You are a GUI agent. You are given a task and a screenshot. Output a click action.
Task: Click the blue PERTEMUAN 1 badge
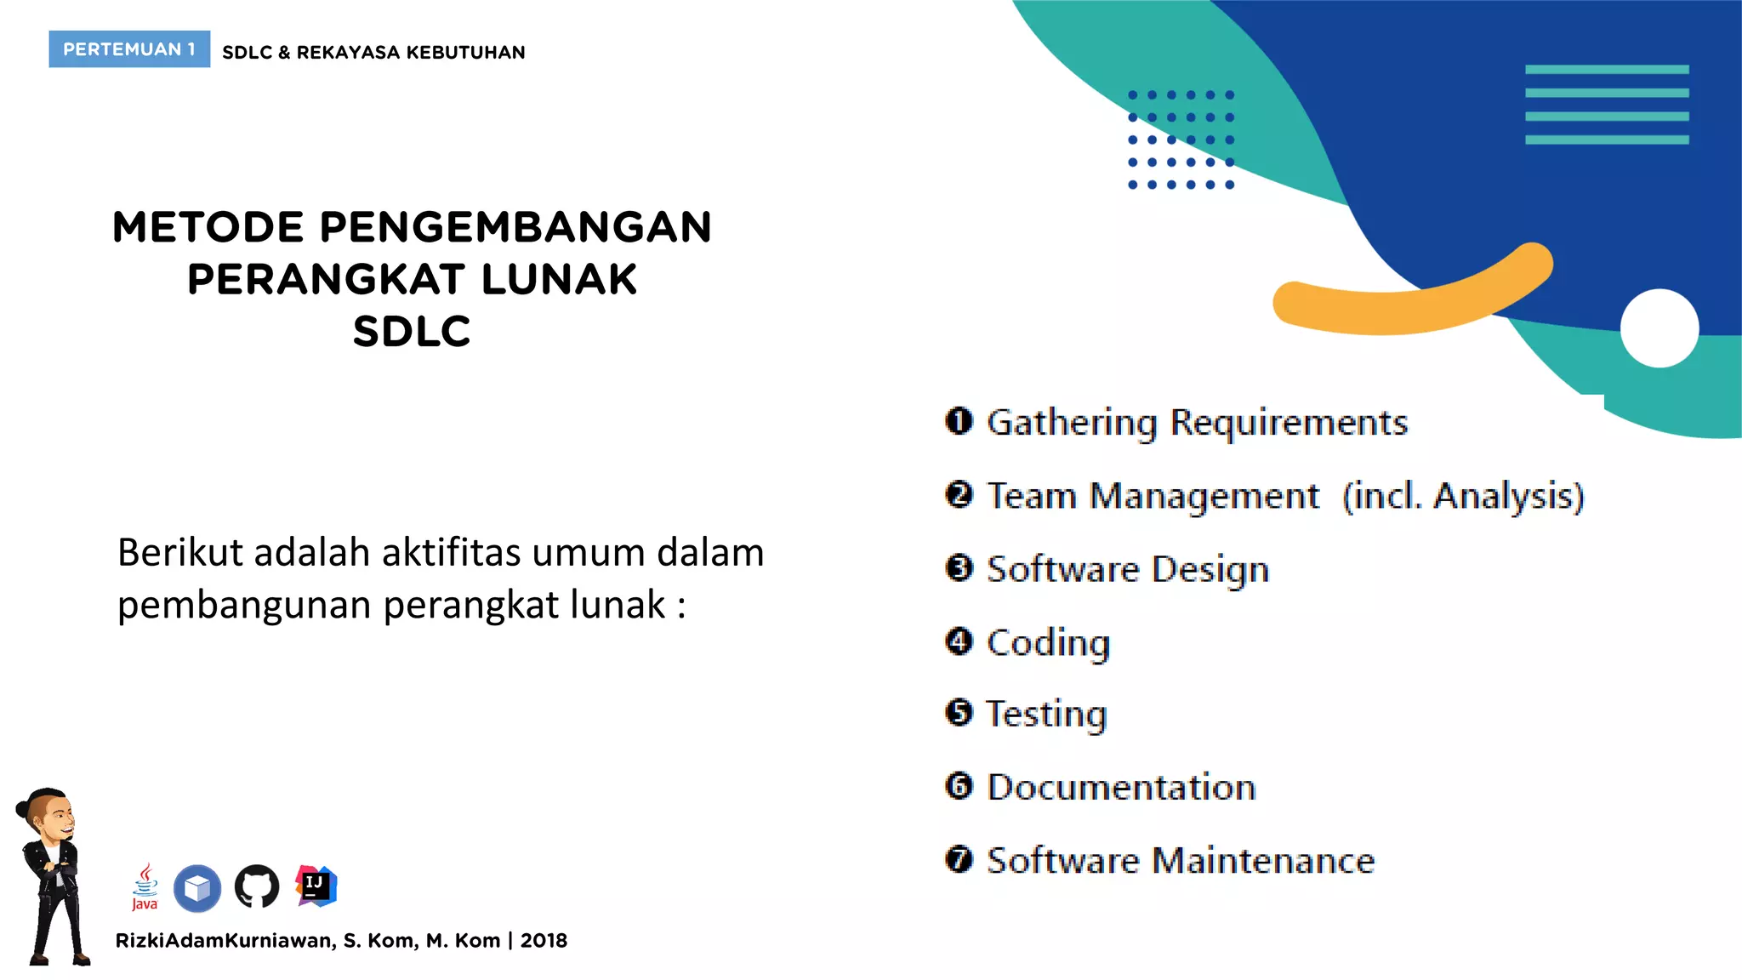point(129,49)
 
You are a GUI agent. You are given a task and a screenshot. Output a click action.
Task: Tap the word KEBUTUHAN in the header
point(465,53)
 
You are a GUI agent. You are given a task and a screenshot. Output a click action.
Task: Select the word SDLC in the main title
point(412,332)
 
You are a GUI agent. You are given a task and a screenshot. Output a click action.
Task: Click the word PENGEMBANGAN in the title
point(515,227)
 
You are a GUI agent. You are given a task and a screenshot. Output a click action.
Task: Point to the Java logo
point(145,886)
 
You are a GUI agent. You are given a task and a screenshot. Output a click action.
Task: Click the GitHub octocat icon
point(257,886)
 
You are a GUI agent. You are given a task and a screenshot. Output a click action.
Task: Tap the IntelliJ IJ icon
point(316,886)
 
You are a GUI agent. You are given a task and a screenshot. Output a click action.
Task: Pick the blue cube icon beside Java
point(197,888)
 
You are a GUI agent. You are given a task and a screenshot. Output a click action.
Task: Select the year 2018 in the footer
point(544,941)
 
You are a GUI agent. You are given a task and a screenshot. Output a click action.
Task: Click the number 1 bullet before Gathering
point(959,421)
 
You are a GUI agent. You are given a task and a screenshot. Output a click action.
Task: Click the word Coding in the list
point(1048,643)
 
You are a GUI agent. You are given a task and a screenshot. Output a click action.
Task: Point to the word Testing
point(1046,715)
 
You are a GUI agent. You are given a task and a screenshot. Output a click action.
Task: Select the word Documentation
point(1121,788)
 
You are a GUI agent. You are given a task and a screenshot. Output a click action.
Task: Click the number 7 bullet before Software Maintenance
point(959,859)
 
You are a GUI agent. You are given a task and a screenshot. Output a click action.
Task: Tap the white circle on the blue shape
point(1659,328)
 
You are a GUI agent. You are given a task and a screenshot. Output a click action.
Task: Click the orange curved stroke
point(1412,298)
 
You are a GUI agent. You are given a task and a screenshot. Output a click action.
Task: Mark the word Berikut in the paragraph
point(180,553)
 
